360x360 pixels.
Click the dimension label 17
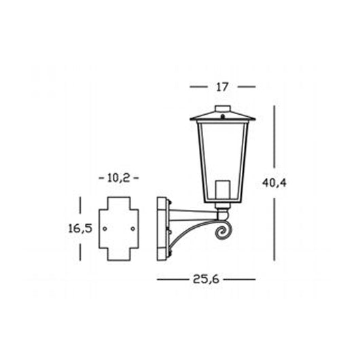tap(222, 87)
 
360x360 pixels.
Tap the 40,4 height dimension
tap(274, 183)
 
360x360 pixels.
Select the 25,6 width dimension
tap(206, 279)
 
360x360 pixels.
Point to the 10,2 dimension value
tap(118, 178)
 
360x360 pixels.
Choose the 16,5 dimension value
tap(80, 228)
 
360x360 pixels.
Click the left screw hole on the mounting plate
tap(105, 229)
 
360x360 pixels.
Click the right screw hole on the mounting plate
tap(132, 229)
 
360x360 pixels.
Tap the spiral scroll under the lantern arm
tap(223, 232)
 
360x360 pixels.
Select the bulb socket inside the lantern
tap(223, 190)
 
